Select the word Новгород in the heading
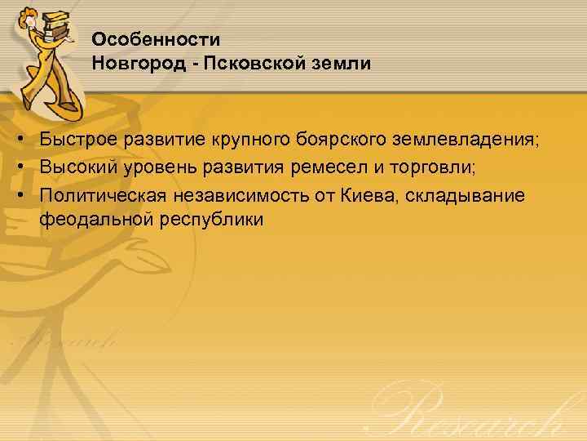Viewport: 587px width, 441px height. pos(134,63)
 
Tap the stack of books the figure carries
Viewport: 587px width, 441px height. pos(56,22)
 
